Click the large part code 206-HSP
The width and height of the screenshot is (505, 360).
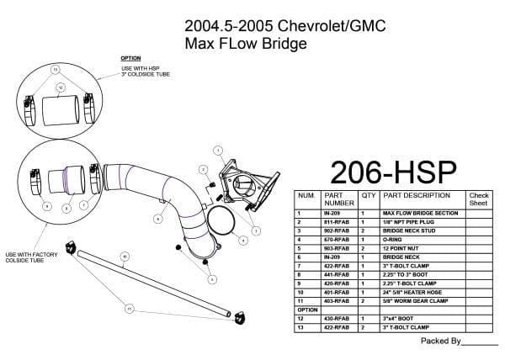tap(393, 171)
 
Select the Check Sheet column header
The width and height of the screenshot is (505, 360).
tap(478, 199)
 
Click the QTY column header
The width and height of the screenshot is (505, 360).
tap(368, 194)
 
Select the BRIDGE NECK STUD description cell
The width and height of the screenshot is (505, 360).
tap(409, 230)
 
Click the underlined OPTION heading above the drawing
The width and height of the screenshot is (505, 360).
tap(130, 58)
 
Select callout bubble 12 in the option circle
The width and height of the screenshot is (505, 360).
tap(61, 87)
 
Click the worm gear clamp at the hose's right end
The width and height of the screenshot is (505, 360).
tap(239, 316)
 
